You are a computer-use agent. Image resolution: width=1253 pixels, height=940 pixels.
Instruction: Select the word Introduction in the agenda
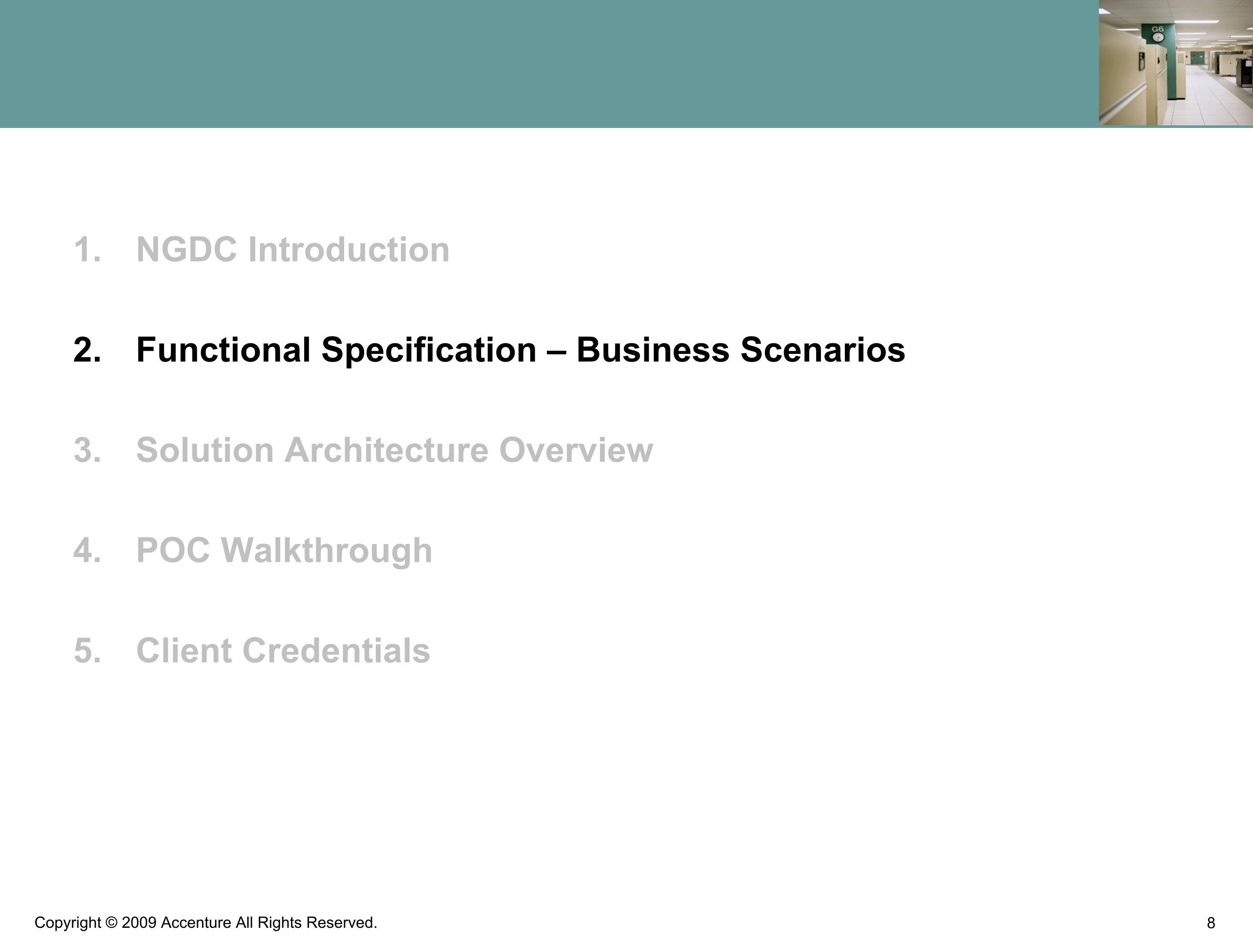[x=349, y=249]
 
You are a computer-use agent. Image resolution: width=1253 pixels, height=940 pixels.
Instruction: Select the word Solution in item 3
[x=205, y=450]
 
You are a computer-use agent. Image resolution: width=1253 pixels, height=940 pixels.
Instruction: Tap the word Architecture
[x=386, y=450]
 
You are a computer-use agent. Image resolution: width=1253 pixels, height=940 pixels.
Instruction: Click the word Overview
[x=576, y=450]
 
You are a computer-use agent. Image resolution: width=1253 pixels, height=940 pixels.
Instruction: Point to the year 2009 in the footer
[x=139, y=923]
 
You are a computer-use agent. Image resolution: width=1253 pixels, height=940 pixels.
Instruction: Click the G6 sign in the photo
[x=1157, y=29]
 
